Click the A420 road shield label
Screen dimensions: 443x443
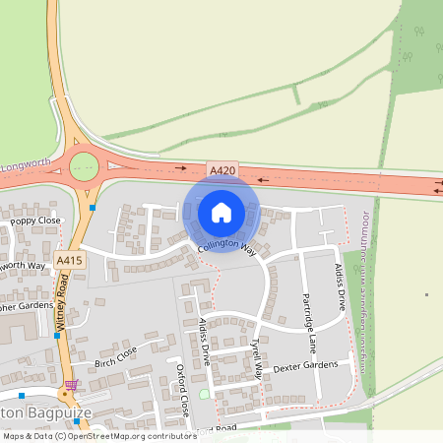tap(221, 170)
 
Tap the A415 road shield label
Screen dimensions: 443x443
tap(68, 260)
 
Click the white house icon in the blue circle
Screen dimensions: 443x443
tap(221, 212)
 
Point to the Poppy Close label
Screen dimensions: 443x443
tap(35, 221)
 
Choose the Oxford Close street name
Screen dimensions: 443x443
tap(182, 390)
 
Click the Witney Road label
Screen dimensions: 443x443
tap(62, 300)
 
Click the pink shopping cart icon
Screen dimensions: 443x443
tap(71, 384)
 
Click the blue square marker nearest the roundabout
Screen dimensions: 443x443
tap(93, 208)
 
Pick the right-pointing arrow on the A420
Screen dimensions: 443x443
tap(180, 168)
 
